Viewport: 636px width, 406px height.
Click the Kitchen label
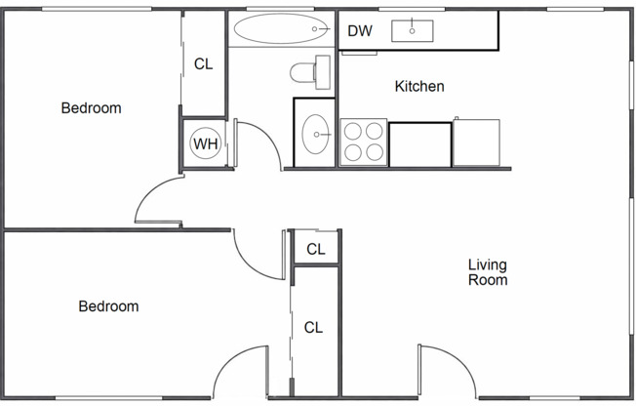click(419, 87)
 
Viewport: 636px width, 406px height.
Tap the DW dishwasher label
click(360, 31)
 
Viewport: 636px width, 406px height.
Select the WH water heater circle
click(205, 144)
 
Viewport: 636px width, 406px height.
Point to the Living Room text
click(487, 272)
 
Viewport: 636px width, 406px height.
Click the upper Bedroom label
click(91, 108)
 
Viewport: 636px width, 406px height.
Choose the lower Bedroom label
click(108, 306)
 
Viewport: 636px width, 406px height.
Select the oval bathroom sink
click(316, 135)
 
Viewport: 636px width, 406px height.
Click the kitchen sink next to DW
click(413, 31)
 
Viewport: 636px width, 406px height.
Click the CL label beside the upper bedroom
click(203, 65)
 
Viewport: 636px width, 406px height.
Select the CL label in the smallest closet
click(315, 250)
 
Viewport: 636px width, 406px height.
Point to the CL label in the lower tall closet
click(313, 328)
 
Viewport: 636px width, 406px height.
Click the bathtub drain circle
click(315, 30)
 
